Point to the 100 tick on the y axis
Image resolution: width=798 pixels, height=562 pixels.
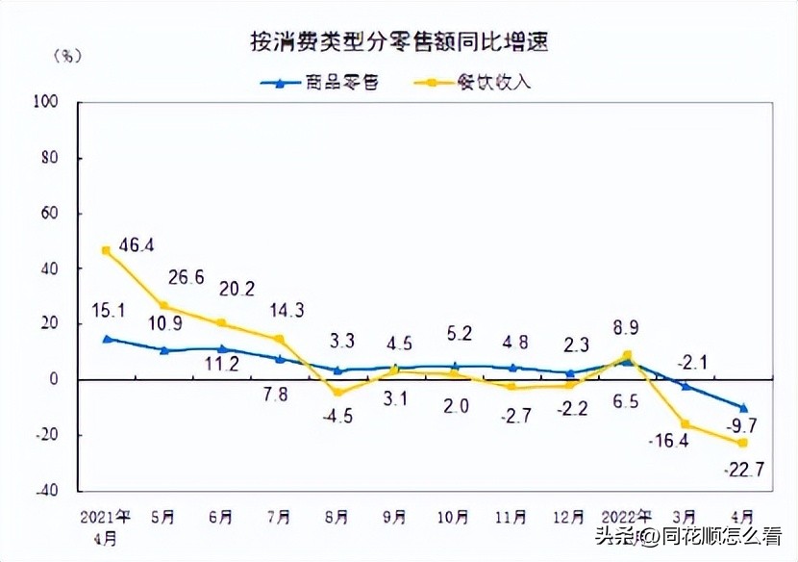click(46, 101)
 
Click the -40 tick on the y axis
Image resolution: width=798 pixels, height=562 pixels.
click(46, 491)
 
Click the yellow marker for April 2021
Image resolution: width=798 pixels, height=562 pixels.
click(106, 250)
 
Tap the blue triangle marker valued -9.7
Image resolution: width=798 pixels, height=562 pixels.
click(743, 407)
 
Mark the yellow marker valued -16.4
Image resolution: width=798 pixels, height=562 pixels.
click(686, 424)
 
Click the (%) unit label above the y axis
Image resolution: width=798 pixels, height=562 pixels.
click(69, 54)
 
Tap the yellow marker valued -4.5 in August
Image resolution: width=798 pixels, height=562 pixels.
click(337, 392)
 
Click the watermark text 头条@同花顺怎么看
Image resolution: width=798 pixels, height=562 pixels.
click(688, 536)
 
